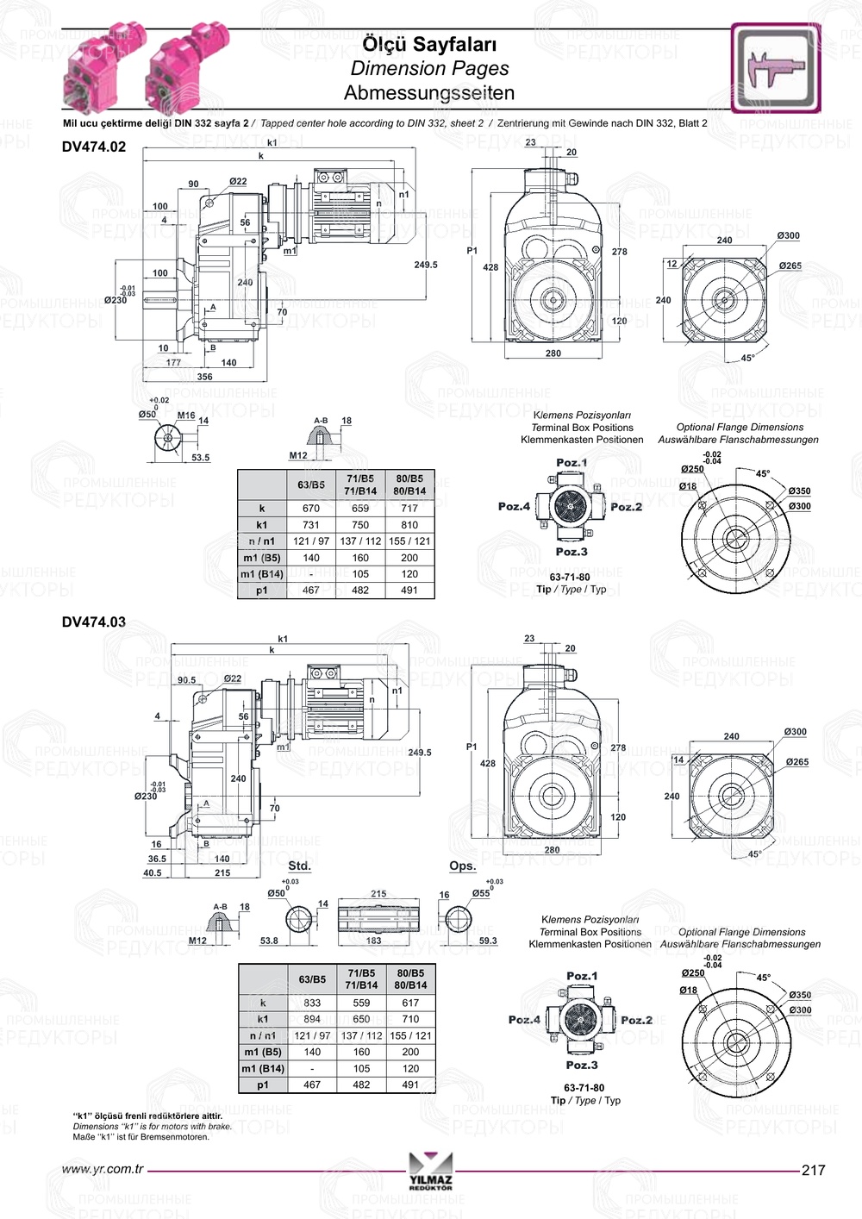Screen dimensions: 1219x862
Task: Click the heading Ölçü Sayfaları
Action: (x=428, y=43)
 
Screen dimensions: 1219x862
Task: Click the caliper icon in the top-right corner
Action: (x=776, y=68)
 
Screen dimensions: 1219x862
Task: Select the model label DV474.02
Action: (x=94, y=147)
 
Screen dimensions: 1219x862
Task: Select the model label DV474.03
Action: (x=94, y=622)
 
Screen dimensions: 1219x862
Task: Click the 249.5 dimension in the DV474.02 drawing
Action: (x=426, y=265)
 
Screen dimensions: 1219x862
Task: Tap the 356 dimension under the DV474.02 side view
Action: (x=204, y=377)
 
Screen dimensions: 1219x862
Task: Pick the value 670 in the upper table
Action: (x=311, y=509)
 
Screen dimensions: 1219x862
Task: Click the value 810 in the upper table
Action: (x=409, y=525)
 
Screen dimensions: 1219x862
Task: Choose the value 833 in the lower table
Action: (x=312, y=1003)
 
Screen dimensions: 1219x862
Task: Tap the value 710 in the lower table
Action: (x=410, y=1019)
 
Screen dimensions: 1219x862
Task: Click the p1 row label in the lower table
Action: (x=263, y=1085)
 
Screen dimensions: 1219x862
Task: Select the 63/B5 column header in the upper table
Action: (x=311, y=484)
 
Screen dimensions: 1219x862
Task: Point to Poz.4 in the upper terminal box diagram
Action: (x=514, y=507)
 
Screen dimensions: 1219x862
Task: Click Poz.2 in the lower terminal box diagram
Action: (x=636, y=1020)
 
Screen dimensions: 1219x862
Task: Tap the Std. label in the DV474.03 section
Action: (x=299, y=866)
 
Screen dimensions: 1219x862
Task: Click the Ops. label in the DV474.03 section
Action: (x=462, y=866)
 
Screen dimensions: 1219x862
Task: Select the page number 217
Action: (x=813, y=1170)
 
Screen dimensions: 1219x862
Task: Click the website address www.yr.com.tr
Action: (x=103, y=1170)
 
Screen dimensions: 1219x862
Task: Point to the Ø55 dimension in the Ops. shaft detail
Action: (x=480, y=893)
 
